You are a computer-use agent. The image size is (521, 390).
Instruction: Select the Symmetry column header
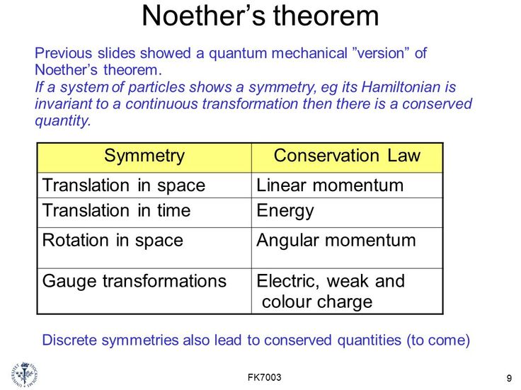(x=144, y=156)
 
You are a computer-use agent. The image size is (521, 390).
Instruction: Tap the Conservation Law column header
(x=347, y=156)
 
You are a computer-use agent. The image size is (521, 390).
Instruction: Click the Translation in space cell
(x=124, y=185)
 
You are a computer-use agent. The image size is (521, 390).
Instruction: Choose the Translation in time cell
(x=117, y=211)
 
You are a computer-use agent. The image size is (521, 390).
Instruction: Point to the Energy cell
(x=285, y=211)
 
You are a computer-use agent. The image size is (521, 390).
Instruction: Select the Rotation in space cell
(x=113, y=240)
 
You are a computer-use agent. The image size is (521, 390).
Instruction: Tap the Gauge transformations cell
(x=134, y=281)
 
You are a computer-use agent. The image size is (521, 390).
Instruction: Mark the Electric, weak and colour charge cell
(x=330, y=291)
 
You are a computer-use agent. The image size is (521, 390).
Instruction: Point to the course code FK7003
(x=265, y=377)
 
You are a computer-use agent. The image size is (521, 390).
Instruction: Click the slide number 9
(x=509, y=378)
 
